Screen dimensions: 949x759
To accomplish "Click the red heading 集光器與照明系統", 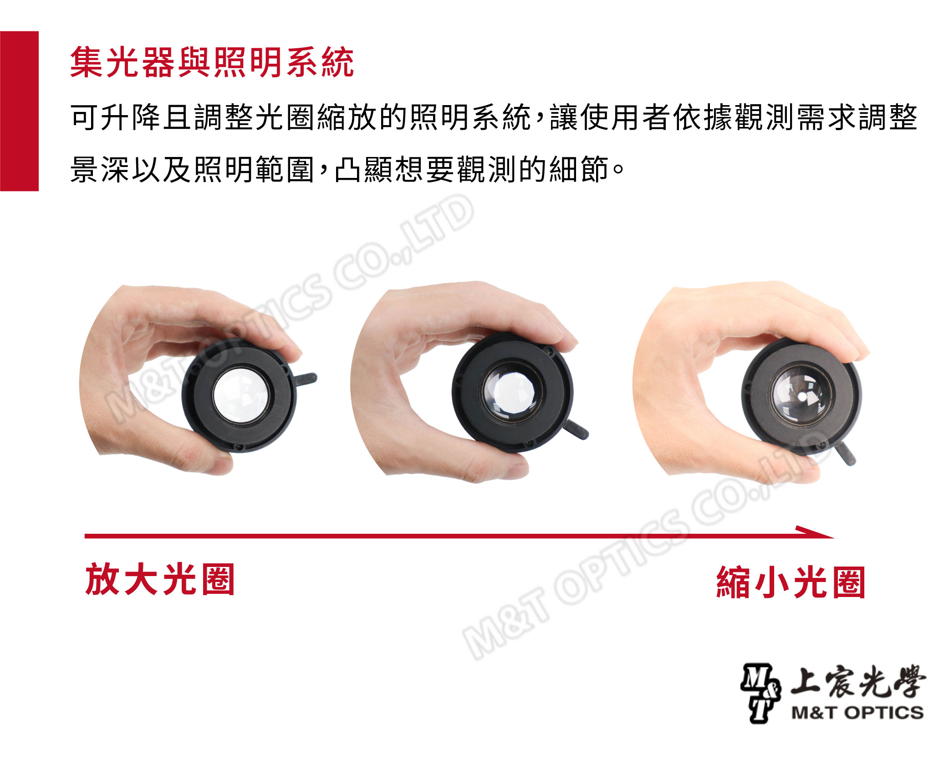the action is coord(212,62).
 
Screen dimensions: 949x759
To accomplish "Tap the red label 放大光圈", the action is coord(160,579).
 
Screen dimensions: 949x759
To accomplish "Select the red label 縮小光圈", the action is coord(791,582).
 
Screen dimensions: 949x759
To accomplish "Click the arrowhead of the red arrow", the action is coord(815,532).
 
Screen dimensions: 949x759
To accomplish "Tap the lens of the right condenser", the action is coord(801,395).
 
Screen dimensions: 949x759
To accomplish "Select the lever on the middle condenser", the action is coord(576,430).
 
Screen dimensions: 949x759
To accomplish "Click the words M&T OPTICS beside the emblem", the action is coord(857,712).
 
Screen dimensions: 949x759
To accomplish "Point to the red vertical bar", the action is coord(19,111).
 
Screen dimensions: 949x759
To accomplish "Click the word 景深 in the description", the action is coord(100,169).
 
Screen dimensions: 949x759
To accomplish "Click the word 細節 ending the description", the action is coord(579,169).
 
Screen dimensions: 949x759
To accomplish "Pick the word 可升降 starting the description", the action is coord(116,117).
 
